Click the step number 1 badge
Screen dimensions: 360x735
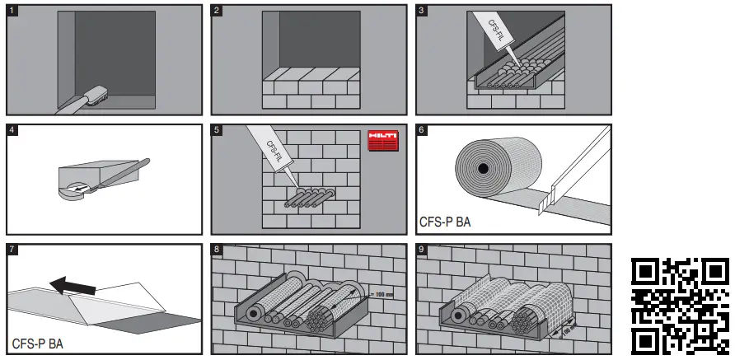tap(12, 11)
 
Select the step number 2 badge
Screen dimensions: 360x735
tap(217, 11)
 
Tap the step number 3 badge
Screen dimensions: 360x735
tap(422, 11)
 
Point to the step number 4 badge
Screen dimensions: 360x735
tap(12, 130)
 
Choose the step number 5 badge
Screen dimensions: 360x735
tap(217, 130)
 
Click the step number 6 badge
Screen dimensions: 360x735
tap(422, 130)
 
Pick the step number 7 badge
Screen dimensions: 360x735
tap(12, 250)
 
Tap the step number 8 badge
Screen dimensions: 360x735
tap(217, 250)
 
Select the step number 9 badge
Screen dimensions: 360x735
tap(422, 250)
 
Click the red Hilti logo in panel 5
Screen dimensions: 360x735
tap(382, 140)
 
